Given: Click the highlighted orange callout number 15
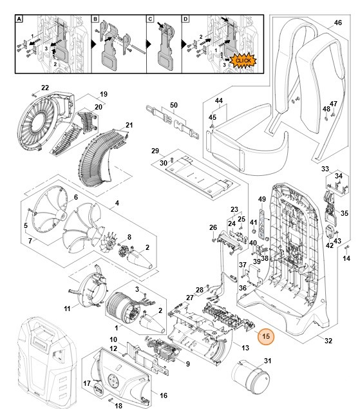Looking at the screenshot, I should pos(265,335).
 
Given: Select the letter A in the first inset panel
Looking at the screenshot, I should pos(19,20).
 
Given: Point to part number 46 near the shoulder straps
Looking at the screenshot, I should pos(337,23).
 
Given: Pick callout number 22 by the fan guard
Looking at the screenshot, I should pos(45,88).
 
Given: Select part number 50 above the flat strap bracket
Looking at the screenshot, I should pos(173,104).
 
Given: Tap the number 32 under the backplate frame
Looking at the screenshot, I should pos(328,341).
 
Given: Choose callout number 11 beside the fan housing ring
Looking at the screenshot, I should pos(67,309).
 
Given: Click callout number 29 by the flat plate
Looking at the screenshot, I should pos(155,151).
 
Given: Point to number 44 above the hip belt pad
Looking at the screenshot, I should pos(218,102).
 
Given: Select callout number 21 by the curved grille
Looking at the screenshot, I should pos(129,125).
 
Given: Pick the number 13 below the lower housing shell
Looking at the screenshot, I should pos(245,348).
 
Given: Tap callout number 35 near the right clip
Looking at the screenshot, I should pos(344,213).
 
